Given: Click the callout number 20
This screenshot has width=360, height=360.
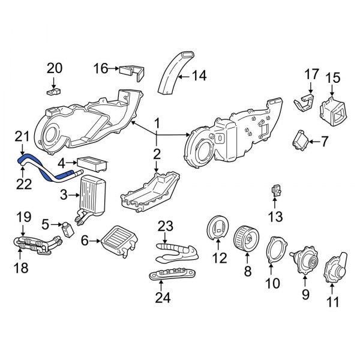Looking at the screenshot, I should (54, 68).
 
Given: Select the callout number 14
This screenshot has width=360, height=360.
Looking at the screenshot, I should (198, 76).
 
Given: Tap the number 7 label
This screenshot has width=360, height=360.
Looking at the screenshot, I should (325, 142).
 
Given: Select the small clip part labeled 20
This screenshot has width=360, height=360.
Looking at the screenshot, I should (53, 92).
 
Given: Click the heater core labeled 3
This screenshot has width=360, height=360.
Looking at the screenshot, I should (92, 194).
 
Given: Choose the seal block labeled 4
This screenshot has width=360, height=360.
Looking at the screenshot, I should (92, 162).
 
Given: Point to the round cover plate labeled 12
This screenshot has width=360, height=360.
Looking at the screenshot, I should (218, 232).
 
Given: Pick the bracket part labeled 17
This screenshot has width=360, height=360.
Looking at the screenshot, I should (305, 103).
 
